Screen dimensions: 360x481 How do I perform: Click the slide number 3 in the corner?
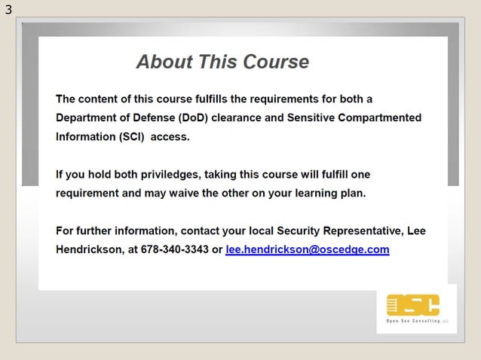coord(8,10)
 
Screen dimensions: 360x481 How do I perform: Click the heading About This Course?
coord(222,62)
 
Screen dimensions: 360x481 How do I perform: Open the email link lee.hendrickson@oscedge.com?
coord(307,249)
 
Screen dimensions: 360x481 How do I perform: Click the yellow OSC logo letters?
coord(412,305)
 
